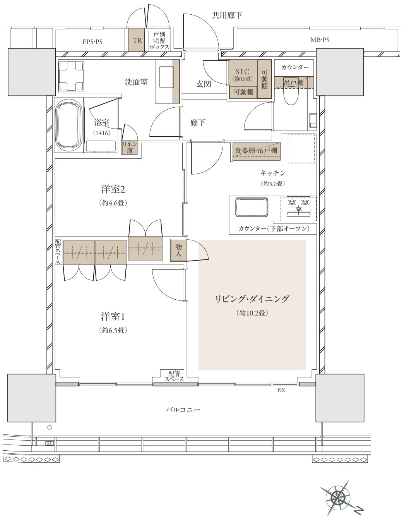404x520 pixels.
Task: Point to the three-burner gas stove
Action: pyautogui.click(x=298, y=206)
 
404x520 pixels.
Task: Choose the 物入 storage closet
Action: pyautogui.click(x=178, y=250)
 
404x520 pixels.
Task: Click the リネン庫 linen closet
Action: pyautogui.click(x=130, y=147)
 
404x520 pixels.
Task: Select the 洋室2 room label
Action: pyautogui.click(x=113, y=190)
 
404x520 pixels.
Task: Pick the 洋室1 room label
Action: pyautogui.click(x=113, y=317)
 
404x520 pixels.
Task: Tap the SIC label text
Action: pyautogui.click(x=243, y=71)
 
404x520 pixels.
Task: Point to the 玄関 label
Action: pyautogui.click(x=204, y=84)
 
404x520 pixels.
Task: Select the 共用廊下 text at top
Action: pyautogui.click(x=227, y=15)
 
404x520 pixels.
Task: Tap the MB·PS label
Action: pyautogui.click(x=320, y=40)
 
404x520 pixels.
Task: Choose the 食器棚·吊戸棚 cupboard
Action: pyautogui.click(x=256, y=151)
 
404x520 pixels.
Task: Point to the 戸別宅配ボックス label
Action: pyautogui.click(x=159, y=40)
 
